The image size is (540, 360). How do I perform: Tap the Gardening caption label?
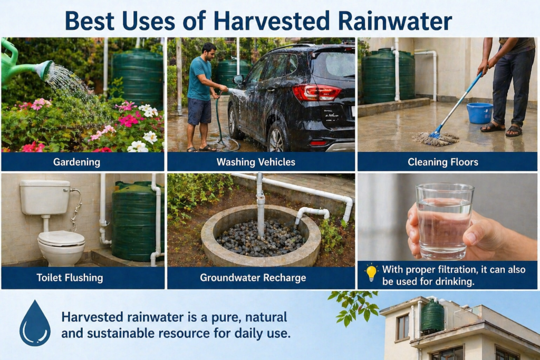coord(76,162)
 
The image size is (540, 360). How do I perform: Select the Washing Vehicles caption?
coord(256,162)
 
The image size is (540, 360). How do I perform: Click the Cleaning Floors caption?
coord(443,162)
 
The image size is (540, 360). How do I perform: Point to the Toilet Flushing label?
coord(70,278)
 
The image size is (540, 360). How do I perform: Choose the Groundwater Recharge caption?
coord(253,278)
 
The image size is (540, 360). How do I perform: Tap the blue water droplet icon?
coord(35,324)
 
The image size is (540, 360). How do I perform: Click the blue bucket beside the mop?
coord(480,113)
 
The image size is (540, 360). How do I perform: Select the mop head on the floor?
coord(435,138)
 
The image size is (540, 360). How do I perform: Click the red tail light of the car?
coord(316,92)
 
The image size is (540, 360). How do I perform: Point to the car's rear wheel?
coord(278,138)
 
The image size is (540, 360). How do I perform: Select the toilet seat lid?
coord(61,238)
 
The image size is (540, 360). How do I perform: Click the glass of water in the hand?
coord(443,221)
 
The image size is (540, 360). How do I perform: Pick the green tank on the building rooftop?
coord(432,317)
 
